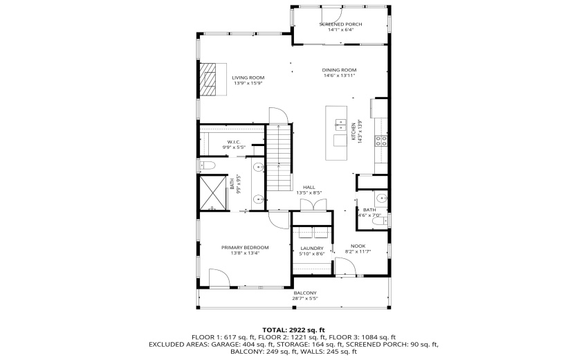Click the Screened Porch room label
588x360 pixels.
point(340,24)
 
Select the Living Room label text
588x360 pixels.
point(248,78)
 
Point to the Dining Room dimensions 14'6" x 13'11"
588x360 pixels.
point(339,75)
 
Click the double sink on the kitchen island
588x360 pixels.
point(340,125)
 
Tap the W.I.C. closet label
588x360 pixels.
point(233,142)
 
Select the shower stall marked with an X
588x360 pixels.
point(213,192)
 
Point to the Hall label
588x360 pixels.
point(309,187)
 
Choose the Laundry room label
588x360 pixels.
point(312,249)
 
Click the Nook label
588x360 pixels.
point(358,246)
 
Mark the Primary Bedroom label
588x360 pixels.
point(245,247)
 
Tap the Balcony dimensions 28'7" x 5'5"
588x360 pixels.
point(305,299)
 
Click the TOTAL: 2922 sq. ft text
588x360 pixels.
point(294,330)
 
